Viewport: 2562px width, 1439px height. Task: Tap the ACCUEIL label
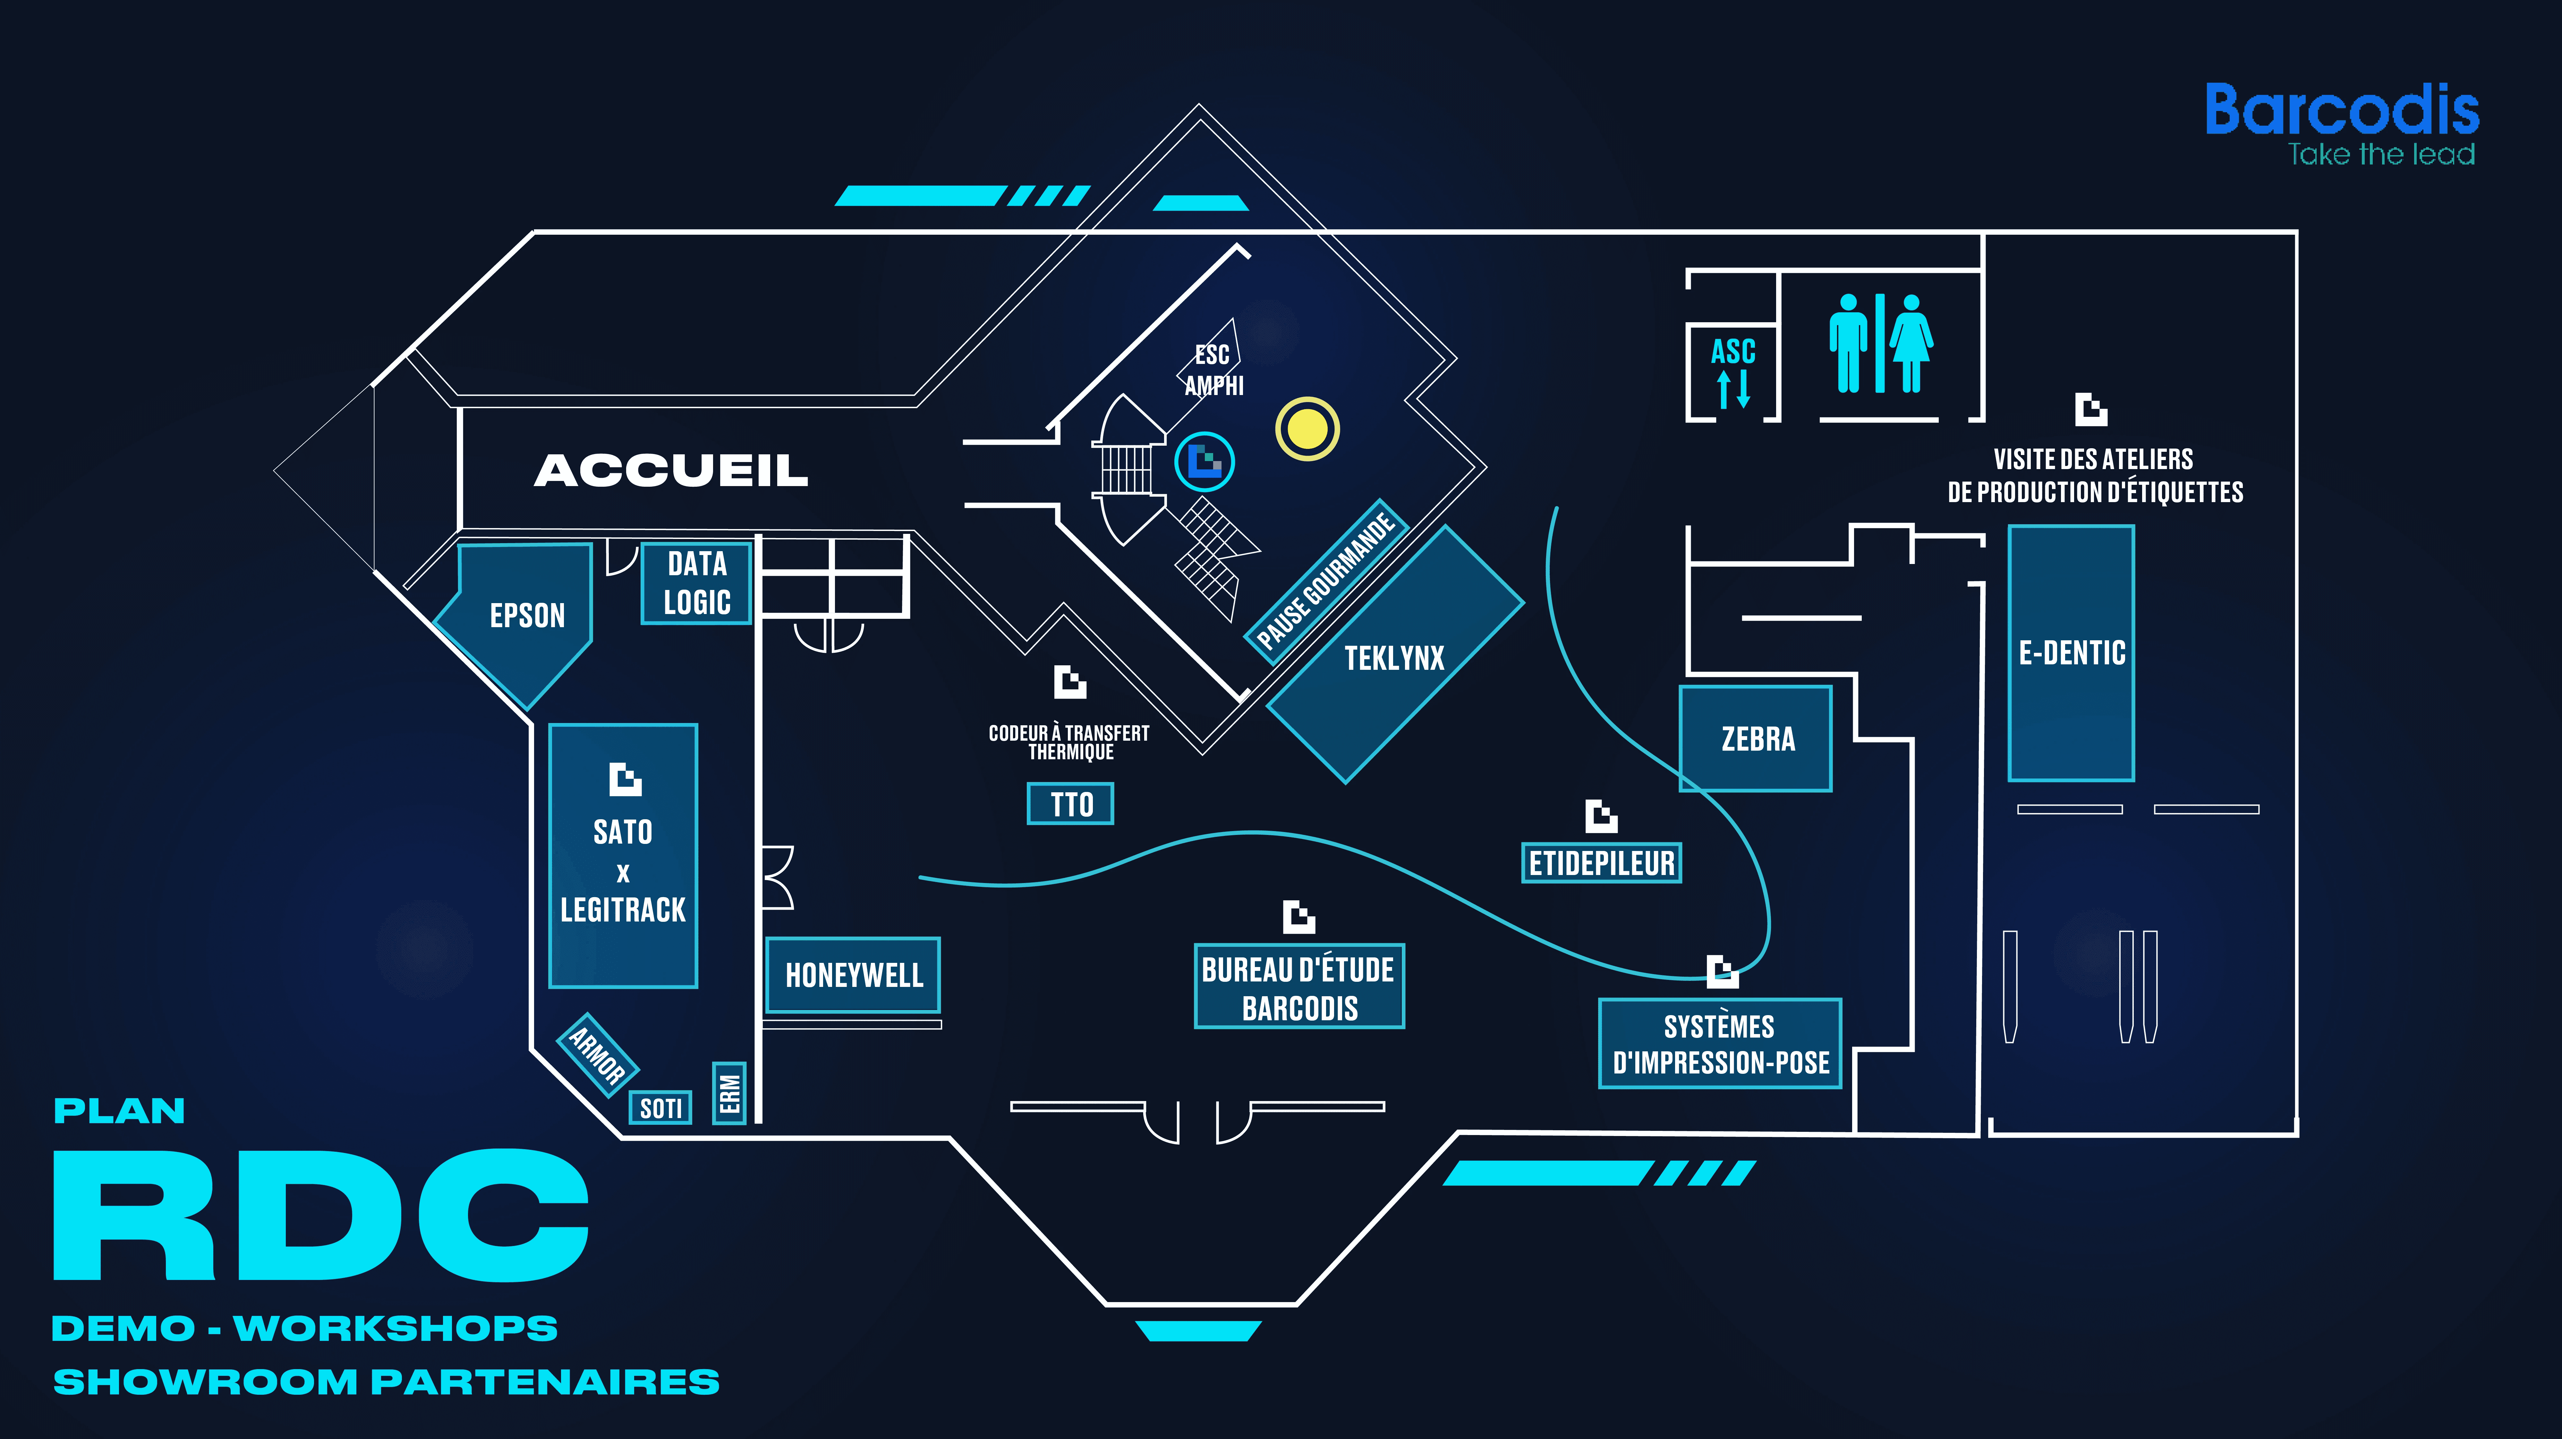click(671, 470)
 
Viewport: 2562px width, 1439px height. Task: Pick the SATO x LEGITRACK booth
click(624, 855)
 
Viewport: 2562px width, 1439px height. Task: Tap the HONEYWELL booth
click(853, 975)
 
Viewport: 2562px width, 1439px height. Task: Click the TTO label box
click(1070, 804)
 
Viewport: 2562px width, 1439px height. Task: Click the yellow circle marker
click(1307, 429)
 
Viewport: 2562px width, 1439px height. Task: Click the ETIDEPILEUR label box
click(1601, 862)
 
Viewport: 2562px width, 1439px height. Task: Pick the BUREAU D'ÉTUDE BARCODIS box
click(1299, 987)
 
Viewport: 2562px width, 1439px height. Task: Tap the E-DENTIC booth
click(2072, 653)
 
